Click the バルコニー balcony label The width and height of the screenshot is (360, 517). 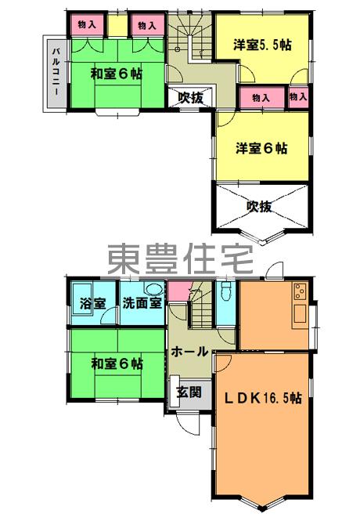pos(56,71)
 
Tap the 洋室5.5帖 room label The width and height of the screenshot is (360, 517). pos(262,45)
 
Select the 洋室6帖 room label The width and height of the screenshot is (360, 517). pos(261,148)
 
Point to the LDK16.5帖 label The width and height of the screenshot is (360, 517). pos(262,398)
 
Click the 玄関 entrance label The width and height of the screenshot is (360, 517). pos(189,392)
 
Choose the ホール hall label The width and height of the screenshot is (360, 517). pos(189,352)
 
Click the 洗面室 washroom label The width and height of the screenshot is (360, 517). pos(142,303)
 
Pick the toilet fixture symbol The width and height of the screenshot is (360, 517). pos(227,291)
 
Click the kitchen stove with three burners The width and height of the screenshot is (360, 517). pos(300,291)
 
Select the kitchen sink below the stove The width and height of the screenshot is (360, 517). pos(300,314)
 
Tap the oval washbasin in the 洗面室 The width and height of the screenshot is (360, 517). pos(153,290)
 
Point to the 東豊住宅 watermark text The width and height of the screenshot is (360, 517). pos(180,259)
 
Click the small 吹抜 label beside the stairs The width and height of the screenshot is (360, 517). pos(191,98)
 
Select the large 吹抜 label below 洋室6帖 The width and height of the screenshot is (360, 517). pos(259,206)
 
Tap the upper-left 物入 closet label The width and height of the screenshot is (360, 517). pos(87,24)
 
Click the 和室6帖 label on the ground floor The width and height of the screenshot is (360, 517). pos(117,364)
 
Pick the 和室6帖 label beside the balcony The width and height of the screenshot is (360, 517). pos(117,74)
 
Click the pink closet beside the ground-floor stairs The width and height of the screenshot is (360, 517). pos(178,291)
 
